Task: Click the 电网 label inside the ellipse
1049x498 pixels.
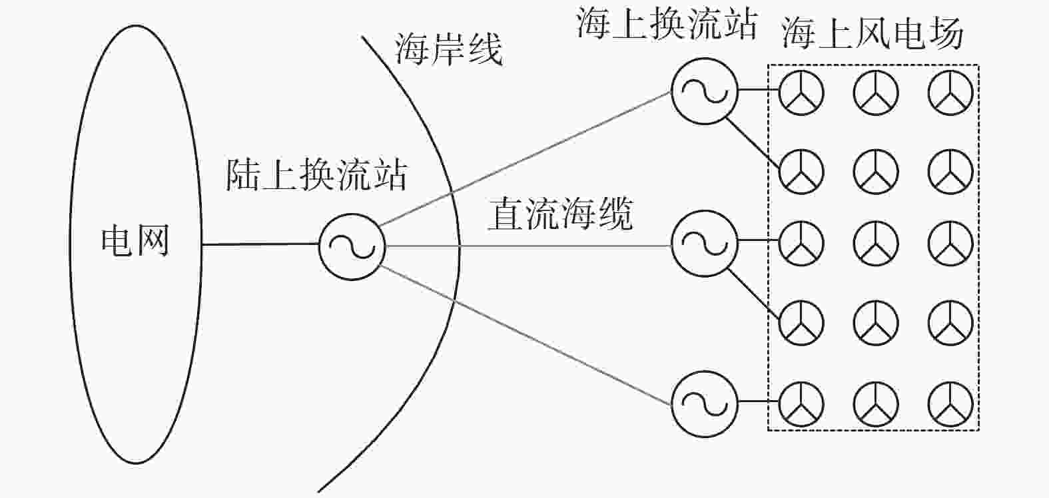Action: click(x=135, y=241)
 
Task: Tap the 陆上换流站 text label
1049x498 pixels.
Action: click(x=316, y=175)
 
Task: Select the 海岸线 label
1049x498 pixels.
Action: click(x=449, y=49)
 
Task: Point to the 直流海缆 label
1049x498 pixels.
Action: click(x=560, y=214)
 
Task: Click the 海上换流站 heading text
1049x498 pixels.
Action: click(x=667, y=23)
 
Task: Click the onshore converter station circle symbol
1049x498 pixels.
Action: click(x=352, y=246)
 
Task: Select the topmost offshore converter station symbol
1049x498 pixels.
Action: click(x=705, y=91)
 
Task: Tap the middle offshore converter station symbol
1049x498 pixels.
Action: click(x=705, y=244)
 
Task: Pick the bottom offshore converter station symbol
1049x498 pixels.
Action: click(x=705, y=404)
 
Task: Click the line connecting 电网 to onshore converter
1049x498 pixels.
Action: click(x=260, y=244)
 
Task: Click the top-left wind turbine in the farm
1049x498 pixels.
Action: click(x=801, y=93)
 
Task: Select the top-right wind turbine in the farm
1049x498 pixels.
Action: click(x=950, y=93)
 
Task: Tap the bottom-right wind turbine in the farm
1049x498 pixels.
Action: click(x=950, y=404)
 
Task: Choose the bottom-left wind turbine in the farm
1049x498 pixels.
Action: click(x=801, y=404)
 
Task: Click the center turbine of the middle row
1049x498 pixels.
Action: click(x=876, y=244)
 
